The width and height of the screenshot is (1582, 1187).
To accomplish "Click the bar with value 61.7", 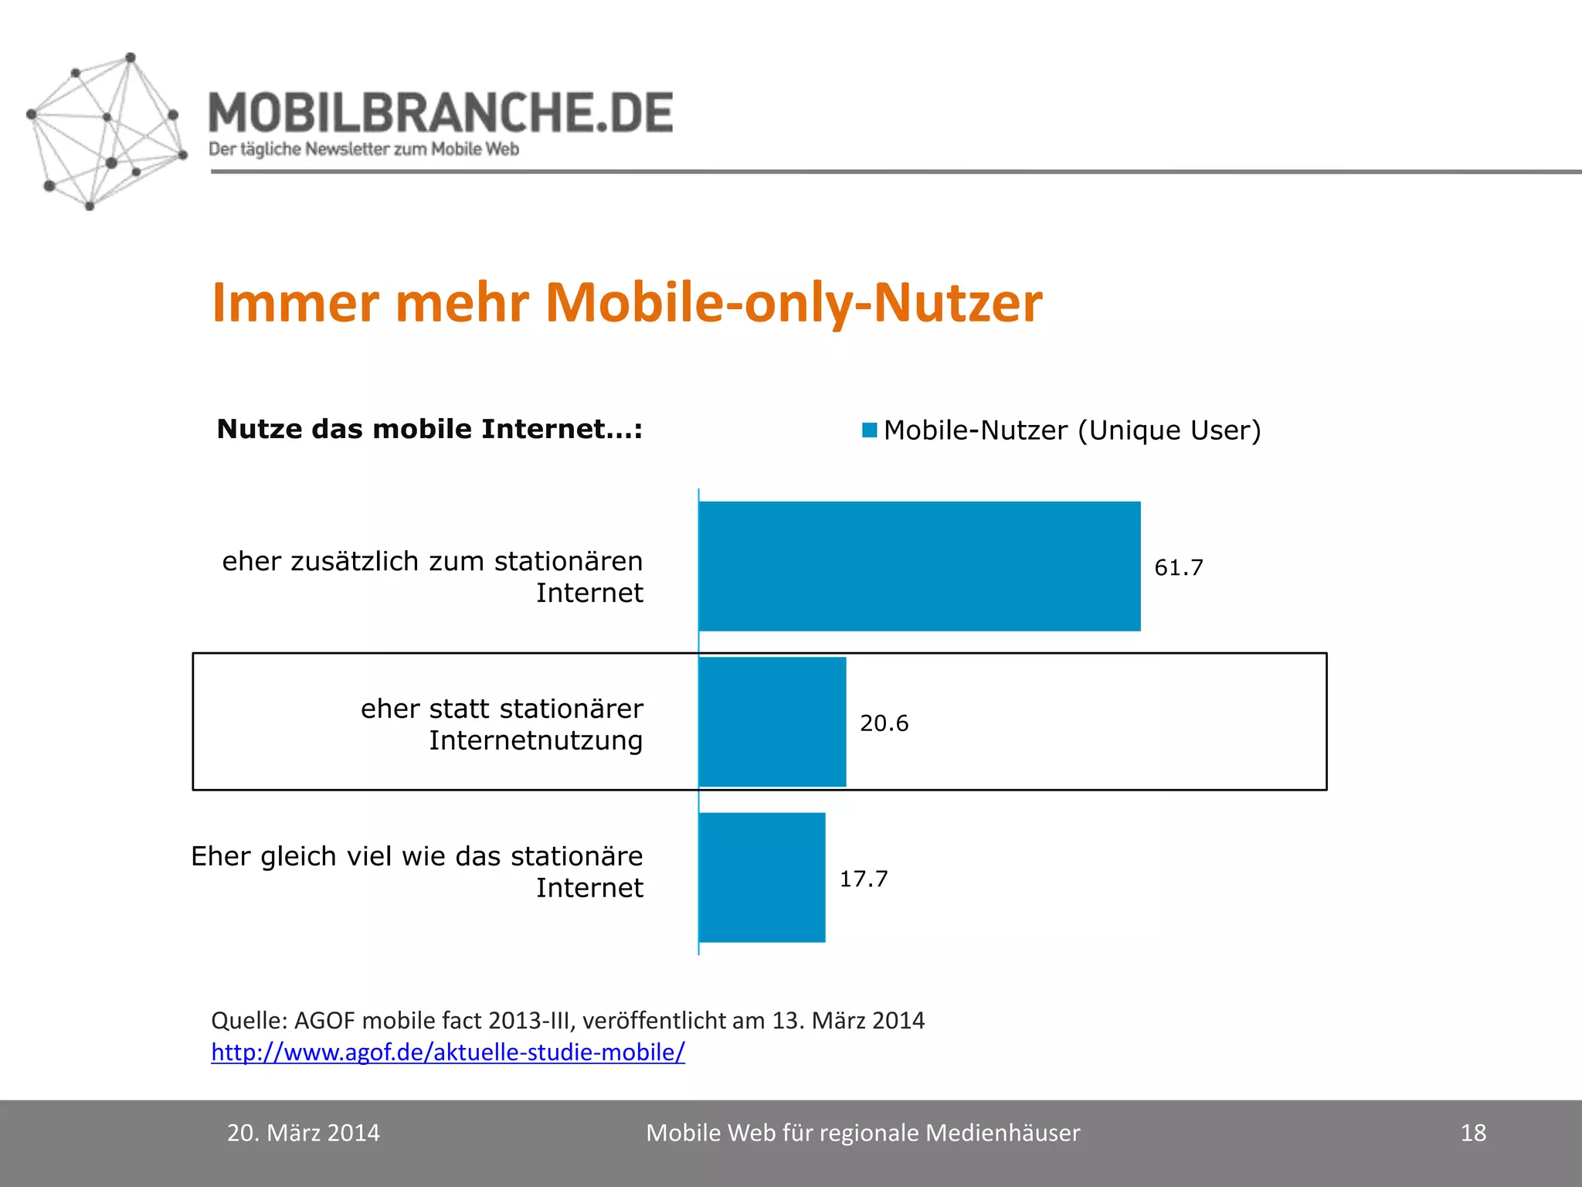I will tap(919, 566).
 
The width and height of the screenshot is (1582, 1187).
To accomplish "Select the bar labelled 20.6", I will tap(772, 722).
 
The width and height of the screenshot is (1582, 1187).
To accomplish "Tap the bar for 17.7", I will tap(762, 877).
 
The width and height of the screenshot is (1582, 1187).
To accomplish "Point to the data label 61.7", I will tap(1179, 568).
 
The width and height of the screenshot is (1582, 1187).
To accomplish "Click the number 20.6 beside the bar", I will tap(884, 723).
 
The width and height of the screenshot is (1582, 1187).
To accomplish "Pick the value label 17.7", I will tap(864, 879).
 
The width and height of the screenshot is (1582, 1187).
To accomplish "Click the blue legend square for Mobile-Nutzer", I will tap(870, 430).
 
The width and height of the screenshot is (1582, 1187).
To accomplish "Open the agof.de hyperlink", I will tap(448, 1052).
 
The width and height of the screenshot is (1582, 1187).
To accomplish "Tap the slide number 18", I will tap(1473, 1133).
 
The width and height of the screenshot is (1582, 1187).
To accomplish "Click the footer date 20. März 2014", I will tap(304, 1133).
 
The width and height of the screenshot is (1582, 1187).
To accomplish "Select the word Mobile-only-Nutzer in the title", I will tap(794, 302).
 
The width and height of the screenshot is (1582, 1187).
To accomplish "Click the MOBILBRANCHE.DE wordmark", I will tap(441, 113).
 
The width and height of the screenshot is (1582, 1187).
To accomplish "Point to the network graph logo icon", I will tap(107, 131).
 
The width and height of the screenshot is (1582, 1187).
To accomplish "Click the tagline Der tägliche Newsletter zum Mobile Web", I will tap(364, 149).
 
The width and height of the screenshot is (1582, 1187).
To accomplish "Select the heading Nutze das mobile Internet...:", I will tap(429, 429).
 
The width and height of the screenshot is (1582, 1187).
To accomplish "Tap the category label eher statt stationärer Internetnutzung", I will tap(502, 724).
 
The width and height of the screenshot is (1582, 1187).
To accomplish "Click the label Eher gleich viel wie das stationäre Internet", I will tap(417, 872).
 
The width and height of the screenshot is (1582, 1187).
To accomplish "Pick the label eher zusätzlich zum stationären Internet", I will tap(433, 576).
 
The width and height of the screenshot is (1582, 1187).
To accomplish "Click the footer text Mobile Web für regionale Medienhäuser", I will tap(863, 1133).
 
